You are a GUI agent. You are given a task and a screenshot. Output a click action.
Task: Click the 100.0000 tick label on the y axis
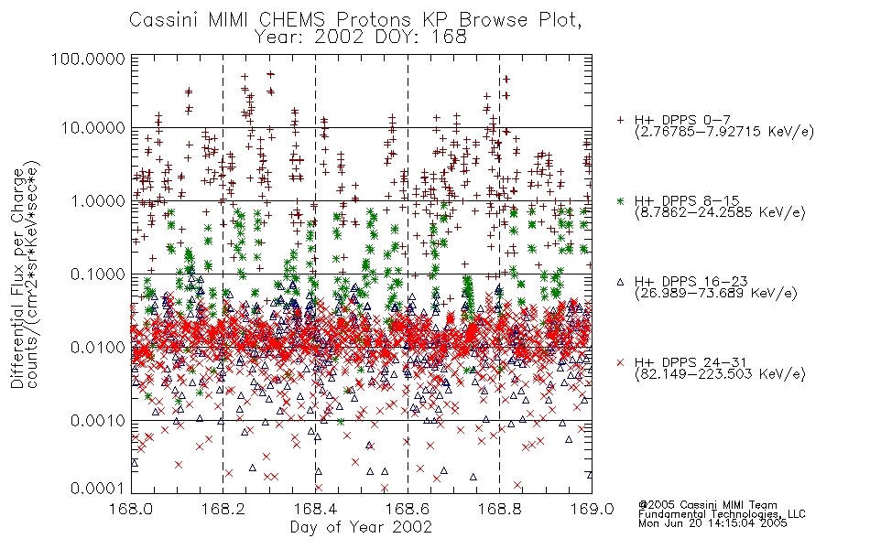pyautogui.click(x=88, y=59)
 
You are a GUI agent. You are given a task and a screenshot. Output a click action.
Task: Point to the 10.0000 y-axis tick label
pyautogui.click(x=93, y=128)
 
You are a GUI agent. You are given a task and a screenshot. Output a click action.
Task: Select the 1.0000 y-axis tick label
pyautogui.click(x=98, y=200)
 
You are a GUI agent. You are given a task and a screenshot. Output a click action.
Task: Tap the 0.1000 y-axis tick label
pyautogui.click(x=98, y=274)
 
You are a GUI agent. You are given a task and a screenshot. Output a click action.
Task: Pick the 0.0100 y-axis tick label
pyautogui.click(x=98, y=348)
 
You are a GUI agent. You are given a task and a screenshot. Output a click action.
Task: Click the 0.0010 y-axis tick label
pyautogui.click(x=98, y=421)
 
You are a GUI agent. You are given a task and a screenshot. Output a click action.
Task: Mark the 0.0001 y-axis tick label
pyautogui.click(x=98, y=488)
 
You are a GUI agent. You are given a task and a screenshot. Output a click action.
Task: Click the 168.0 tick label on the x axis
pyautogui.click(x=132, y=509)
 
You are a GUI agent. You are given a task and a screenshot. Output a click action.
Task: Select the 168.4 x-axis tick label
pyautogui.click(x=316, y=509)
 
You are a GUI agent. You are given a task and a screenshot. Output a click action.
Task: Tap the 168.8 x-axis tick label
pyautogui.click(x=499, y=509)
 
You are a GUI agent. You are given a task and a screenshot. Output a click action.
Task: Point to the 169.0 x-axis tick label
pyautogui.click(x=592, y=509)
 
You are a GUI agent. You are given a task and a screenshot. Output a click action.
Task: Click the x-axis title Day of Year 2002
pyautogui.click(x=361, y=527)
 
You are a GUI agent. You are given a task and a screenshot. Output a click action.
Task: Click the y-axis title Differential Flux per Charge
pyautogui.click(x=18, y=279)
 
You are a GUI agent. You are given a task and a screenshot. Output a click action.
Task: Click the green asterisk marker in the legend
pyautogui.click(x=620, y=200)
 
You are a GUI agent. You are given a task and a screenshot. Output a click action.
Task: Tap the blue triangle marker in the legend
pyautogui.click(x=620, y=282)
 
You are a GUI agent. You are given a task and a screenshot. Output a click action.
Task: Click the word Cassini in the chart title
pyautogui.click(x=165, y=20)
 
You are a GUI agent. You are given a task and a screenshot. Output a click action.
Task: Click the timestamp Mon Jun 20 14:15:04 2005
pyautogui.click(x=712, y=523)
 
